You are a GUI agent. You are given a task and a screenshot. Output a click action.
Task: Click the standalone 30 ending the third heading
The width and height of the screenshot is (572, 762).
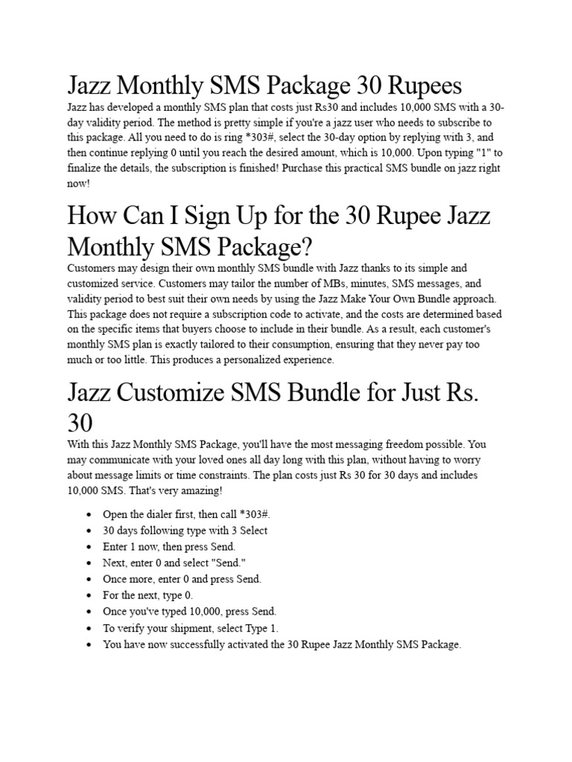(x=80, y=423)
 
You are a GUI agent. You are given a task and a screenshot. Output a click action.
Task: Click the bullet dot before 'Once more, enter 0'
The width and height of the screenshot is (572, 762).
(x=89, y=579)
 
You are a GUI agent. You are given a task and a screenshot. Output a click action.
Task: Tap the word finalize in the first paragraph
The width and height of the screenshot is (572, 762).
(x=90, y=168)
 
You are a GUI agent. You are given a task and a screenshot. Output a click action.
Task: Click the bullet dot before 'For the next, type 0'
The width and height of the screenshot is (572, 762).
(x=89, y=595)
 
